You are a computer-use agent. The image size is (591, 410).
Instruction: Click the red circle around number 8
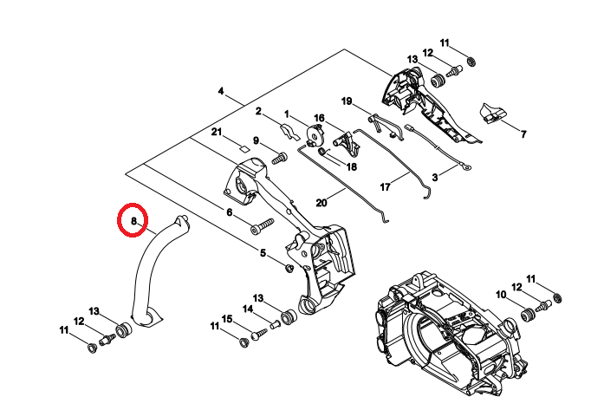133,220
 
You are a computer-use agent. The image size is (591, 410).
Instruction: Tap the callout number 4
221,92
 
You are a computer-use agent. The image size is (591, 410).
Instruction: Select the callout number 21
218,132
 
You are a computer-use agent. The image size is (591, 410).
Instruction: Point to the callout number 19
346,101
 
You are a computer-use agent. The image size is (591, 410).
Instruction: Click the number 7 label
523,134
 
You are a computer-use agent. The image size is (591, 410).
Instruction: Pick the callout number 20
321,204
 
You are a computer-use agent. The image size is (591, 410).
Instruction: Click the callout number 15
227,319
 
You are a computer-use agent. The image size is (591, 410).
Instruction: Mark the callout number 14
248,309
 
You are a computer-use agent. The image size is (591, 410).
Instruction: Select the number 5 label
263,253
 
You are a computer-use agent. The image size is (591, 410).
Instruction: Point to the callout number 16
318,118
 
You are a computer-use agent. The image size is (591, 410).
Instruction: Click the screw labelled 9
278,159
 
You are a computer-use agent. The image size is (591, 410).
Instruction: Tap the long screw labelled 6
263,225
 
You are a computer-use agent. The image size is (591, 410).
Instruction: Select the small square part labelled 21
244,148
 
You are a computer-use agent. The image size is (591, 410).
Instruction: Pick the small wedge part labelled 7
492,114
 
